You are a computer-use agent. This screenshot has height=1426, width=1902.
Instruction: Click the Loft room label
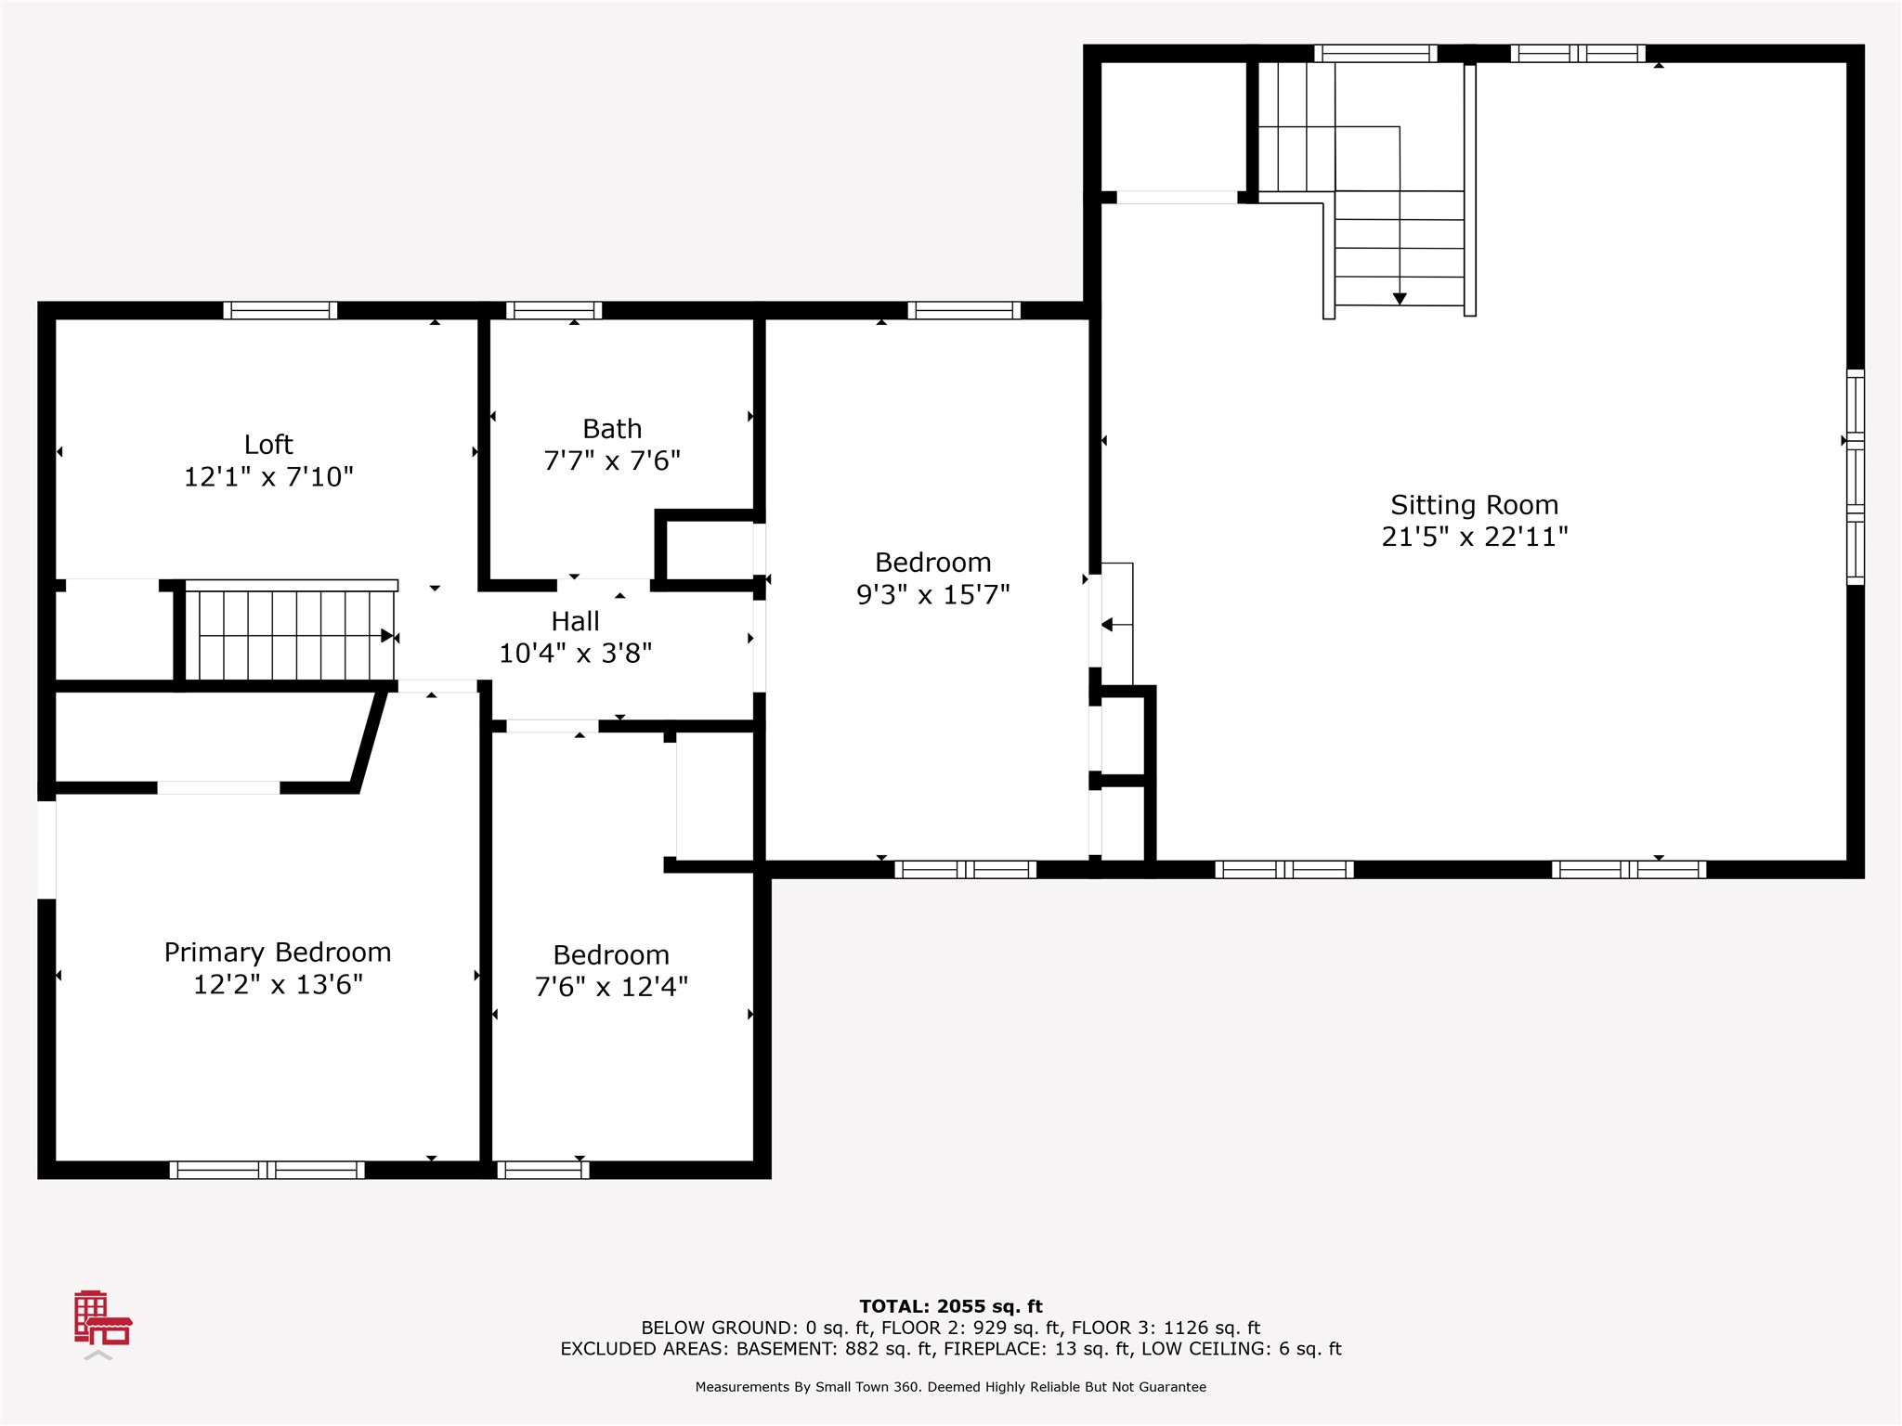pos(268,445)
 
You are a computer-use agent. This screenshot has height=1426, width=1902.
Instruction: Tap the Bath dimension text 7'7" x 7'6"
pos(612,460)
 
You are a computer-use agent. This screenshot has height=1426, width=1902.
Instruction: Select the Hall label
pos(576,621)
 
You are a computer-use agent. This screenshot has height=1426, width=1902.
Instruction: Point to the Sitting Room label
pos(1474,506)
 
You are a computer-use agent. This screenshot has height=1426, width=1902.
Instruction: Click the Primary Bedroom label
pos(278,953)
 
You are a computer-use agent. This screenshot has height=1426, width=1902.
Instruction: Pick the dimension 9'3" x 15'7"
pos(932,594)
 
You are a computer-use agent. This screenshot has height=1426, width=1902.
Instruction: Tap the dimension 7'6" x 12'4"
pos(611,987)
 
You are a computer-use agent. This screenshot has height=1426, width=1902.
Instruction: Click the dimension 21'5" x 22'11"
pos(1475,537)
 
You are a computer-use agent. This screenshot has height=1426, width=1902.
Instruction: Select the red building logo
pos(102,1318)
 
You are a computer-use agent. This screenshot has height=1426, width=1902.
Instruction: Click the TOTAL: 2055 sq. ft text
pos(951,1306)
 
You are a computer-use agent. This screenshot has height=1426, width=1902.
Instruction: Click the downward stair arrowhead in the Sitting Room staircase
pos(1400,299)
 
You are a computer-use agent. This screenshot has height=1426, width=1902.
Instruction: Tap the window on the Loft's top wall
pos(280,310)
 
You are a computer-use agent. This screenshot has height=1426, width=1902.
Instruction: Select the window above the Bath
pos(554,310)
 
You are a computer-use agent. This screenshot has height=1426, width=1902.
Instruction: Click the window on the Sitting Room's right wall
pos(1855,477)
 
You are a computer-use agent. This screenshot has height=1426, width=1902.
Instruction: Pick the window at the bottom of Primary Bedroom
pos(267,1170)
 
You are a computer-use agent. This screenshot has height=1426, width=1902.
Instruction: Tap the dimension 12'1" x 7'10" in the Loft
pos(268,477)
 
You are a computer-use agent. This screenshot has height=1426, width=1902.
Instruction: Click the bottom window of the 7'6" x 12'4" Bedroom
pos(543,1170)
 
